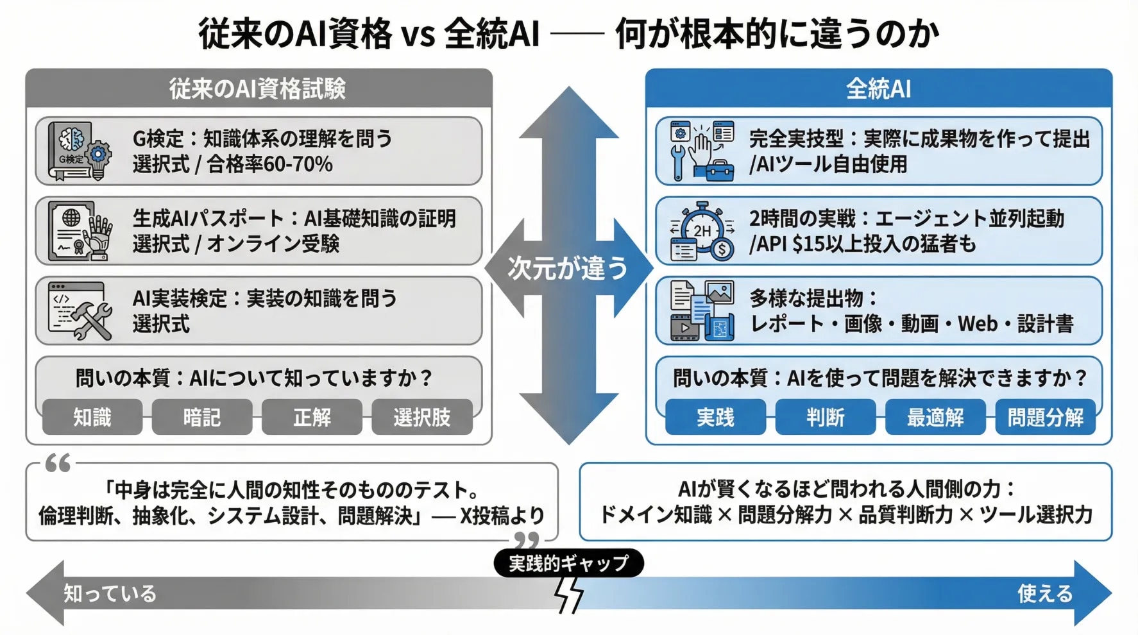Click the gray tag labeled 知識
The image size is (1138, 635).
click(92, 418)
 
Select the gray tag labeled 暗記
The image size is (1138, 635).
click(202, 418)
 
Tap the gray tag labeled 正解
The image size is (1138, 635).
click(312, 418)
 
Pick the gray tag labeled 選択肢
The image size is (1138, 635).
click(422, 418)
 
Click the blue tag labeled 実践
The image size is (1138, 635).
click(715, 418)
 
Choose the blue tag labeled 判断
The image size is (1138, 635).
click(825, 418)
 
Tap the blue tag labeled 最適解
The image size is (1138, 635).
click(935, 418)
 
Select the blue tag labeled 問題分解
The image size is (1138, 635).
click(1045, 418)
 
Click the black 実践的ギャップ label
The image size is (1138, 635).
click(568, 563)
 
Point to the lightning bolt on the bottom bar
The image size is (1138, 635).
click(568, 595)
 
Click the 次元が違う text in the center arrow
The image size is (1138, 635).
click(568, 268)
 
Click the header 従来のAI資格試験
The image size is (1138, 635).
click(258, 89)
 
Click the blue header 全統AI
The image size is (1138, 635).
click(878, 89)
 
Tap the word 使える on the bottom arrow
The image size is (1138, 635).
click(1045, 594)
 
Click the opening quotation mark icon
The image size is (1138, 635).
click(58, 463)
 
